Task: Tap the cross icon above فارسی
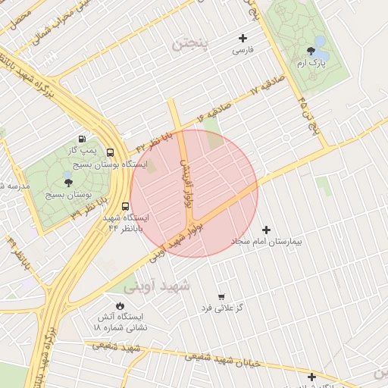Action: (242, 38)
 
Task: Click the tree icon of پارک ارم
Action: (311, 52)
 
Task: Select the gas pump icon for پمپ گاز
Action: (82, 138)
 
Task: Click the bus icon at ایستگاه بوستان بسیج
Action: (111, 152)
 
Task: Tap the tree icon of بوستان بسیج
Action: (68, 183)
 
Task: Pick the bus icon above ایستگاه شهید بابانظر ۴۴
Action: (125, 205)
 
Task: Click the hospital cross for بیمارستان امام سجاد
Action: (265, 230)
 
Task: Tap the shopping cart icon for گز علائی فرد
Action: (221, 296)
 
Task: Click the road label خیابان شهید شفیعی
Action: (227, 359)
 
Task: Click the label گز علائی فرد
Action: (221, 308)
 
